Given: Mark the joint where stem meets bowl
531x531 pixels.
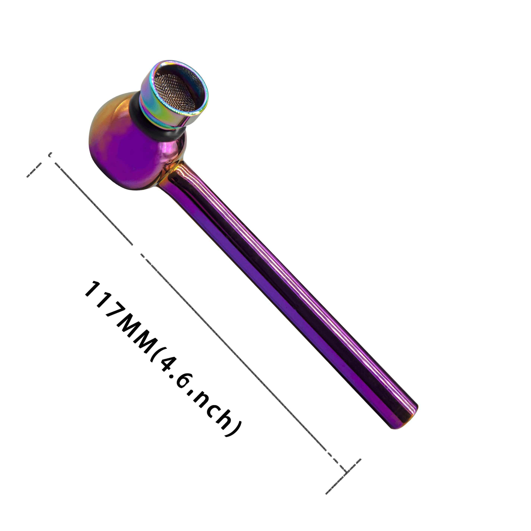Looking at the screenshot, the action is (x=172, y=173).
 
